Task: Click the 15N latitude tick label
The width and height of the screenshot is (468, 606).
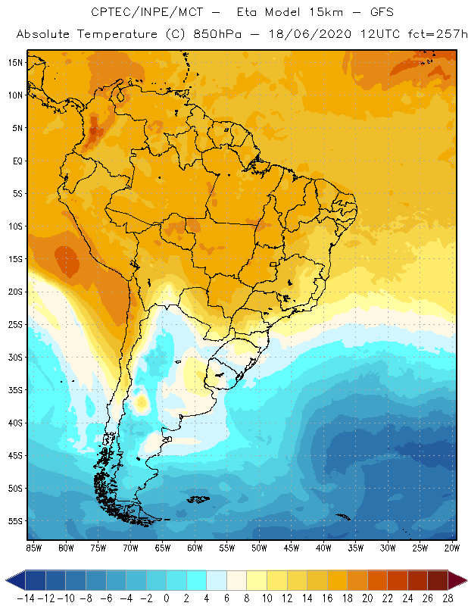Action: point(15,62)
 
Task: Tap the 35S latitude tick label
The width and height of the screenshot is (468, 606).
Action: point(15,390)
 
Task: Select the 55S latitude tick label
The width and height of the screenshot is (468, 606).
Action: point(15,521)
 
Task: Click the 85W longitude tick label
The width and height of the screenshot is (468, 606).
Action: point(33,547)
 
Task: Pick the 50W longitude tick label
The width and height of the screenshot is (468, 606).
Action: point(259,547)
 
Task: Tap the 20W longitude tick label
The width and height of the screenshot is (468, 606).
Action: point(453,547)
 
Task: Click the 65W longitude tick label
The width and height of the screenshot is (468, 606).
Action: point(162,547)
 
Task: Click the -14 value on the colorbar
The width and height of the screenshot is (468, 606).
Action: point(27,597)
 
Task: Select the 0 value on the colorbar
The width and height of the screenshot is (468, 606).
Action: point(166,597)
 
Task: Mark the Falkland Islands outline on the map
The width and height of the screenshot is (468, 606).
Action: point(199,498)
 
